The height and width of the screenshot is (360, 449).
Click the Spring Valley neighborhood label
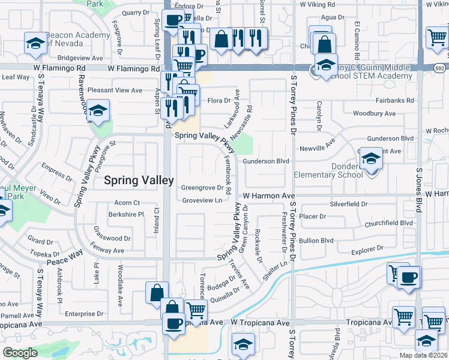coord(139,180)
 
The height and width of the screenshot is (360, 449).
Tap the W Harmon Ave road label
coord(269,196)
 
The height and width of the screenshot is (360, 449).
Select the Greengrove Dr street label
coord(202,188)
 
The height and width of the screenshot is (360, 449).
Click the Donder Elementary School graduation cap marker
coord(372,160)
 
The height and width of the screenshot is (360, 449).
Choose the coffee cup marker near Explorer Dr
coord(409,278)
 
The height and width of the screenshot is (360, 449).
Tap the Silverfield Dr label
coord(348,204)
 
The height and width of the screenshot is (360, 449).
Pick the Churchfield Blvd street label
coord(388,223)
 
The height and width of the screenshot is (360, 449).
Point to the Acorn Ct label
coord(127,203)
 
